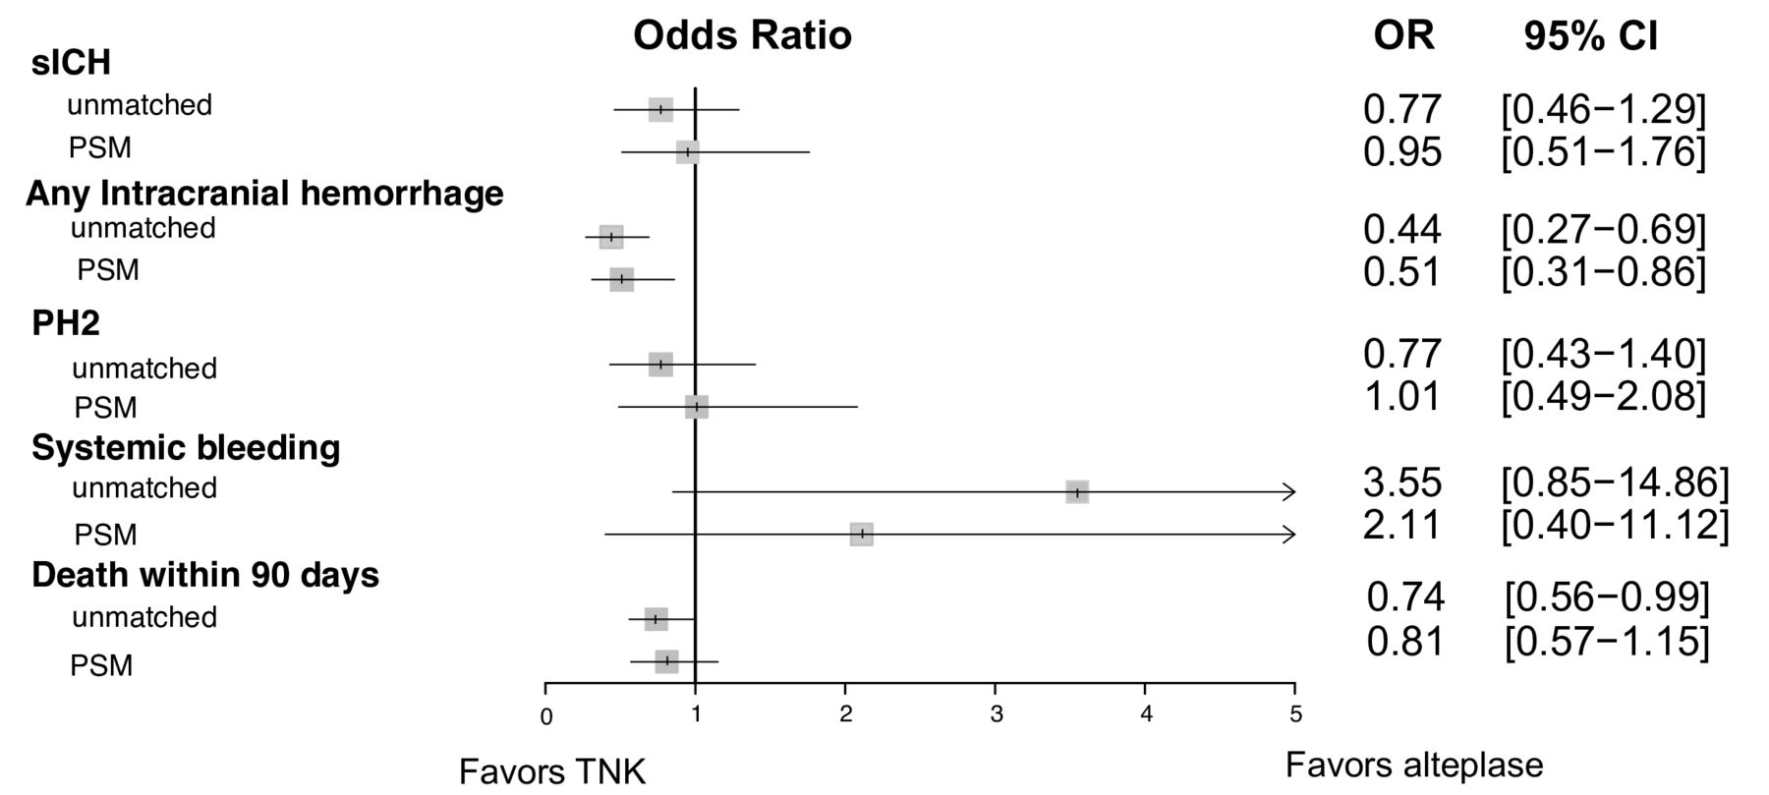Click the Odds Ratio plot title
(x=742, y=35)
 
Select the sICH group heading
(x=71, y=63)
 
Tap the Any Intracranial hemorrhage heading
(x=264, y=193)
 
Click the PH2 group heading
(x=66, y=322)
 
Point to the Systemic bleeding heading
(x=186, y=447)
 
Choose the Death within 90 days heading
(x=205, y=574)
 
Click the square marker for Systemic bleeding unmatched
(x=1077, y=491)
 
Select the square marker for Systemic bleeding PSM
(x=862, y=534)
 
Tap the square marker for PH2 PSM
(x=697, y=407)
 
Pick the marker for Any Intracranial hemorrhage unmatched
(x=611, y=237)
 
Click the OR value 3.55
(x=1402, y=483)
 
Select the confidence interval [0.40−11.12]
(x=1615, y=525)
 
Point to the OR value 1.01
(x=1402, y=396)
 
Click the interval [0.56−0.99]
(x=1607, y=596)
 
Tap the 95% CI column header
(x=1590, y=36)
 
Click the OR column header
(x=1403, y=36)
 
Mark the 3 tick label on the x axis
(x=996, y=714)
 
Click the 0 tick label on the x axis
(x=546, y=716)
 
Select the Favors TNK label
(x=552, y=772)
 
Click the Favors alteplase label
(x=1414, y=765)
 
